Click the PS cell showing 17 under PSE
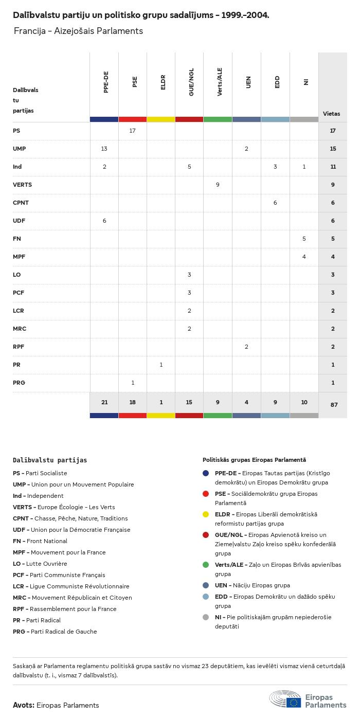pyautogui.click(x=133, y=131)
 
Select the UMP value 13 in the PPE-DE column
pyautogui.click(x=104, y=149)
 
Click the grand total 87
pyautogui.click(x=334, y=405)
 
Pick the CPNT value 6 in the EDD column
pyautogui.click(x=275, y=203)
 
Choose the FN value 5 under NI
pyautogui.click(x=304, y=239)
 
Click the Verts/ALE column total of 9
pyautogui.click(x=218, y=403)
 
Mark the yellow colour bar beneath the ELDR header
pyautogui.click(x=161, y=119)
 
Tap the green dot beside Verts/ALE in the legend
pyautogui.click(x=206, y=565)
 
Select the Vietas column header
pyautogui.click(x=332, y=114)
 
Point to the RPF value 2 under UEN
pyautogui.click(x=246, y=347)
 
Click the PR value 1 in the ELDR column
pyautogui.click(x=161, y=365)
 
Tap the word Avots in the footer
pyautogui.click(x=24, y=705)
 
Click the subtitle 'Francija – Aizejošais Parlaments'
pyautogui.click(x=78, y=31)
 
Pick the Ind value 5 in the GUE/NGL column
pyautogui.click(x=189, y=167)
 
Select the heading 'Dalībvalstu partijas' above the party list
pyautogui.click(x=50, y=460)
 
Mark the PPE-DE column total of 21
pyautogui.click(x=104, y=403)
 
